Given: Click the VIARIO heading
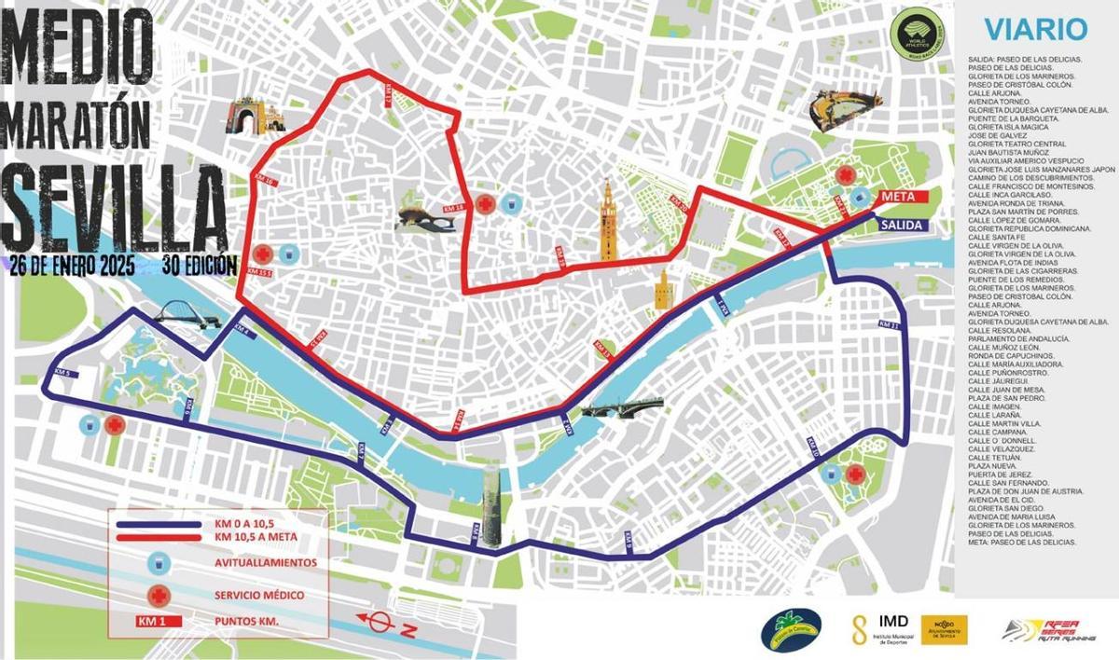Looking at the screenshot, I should pos(1035,29).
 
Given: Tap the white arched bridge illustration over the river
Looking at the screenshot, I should pos(186,314).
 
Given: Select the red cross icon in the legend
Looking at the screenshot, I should pos(159,594).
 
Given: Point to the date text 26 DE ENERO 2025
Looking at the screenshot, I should pos(72,264).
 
